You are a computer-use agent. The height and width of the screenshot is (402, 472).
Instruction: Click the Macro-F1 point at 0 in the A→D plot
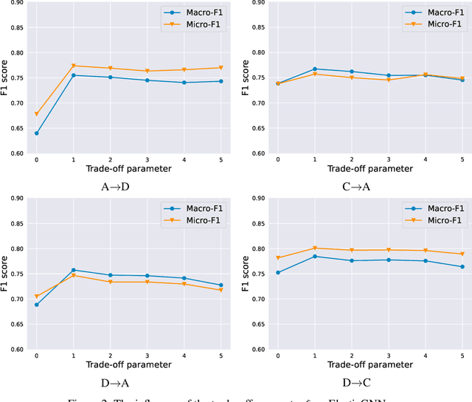pos(37,134)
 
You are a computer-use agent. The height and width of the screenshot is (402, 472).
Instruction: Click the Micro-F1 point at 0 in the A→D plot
pos(37,114)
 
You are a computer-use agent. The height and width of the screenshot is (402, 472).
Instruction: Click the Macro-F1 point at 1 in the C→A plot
pos(314,69)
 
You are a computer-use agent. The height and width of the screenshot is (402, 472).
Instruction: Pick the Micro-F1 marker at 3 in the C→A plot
pos(389,80)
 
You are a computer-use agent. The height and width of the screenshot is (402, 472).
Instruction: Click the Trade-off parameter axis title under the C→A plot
pos(369,169)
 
